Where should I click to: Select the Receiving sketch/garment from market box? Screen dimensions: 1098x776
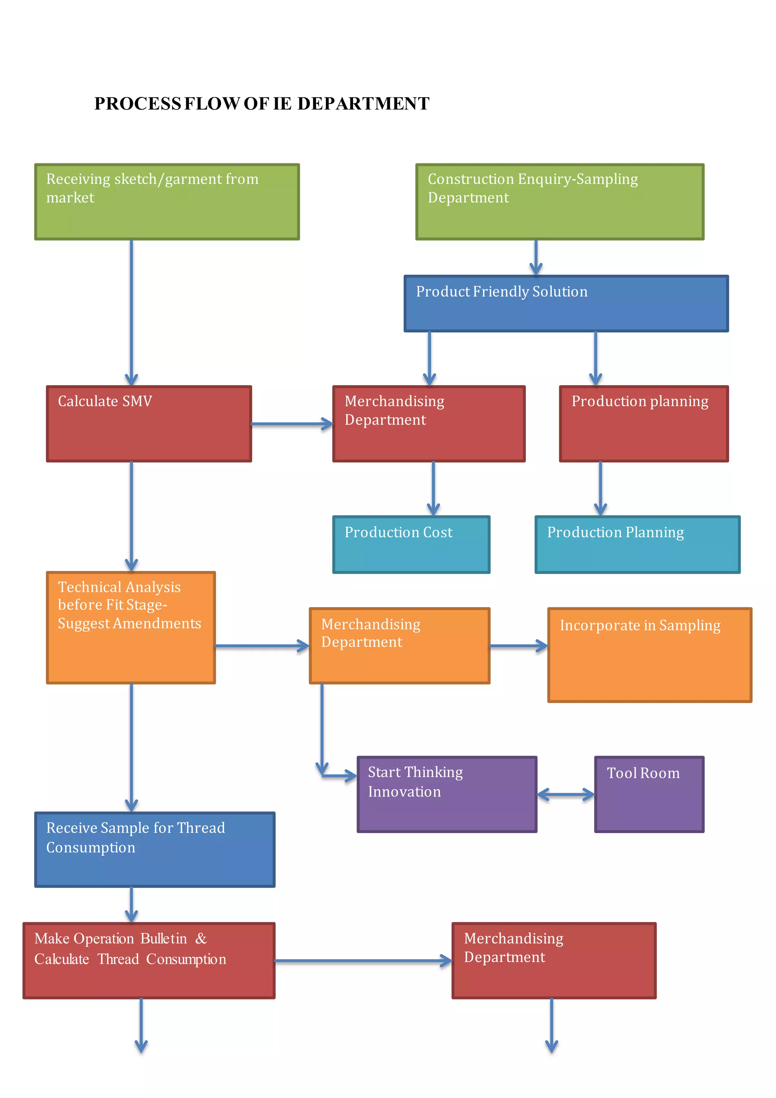click(x=167, y=202)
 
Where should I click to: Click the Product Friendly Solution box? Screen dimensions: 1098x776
click(x=566, y=303)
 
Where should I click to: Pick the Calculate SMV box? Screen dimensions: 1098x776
click(x=149, y=424)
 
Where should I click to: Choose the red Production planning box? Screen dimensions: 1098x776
click(x=644, y=424)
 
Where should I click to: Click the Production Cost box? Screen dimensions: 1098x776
click(x=411, y=544)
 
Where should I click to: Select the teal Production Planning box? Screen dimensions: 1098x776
click(x=637, y=544)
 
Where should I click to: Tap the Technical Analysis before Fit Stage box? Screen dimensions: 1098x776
click(x=131, y=627)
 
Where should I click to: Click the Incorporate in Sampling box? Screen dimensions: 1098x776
click(x=649, y=655)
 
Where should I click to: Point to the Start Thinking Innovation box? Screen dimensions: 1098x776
click(x=447, y=794)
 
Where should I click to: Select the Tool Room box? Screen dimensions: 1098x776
click(x=649, y=794)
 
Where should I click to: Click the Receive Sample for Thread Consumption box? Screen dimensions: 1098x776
click(x=155, y=849)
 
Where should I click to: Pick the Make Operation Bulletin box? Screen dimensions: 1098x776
click(x=149, y=960)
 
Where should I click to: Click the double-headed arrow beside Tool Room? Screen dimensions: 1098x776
click(x=566, y=795)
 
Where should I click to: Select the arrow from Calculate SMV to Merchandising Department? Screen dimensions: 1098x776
click(x=291, y=424)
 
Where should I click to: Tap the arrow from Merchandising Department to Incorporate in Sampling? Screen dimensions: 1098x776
click(x=518, y=646)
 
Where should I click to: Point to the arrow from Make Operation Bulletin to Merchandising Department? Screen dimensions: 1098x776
click(x=363, y=960)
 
